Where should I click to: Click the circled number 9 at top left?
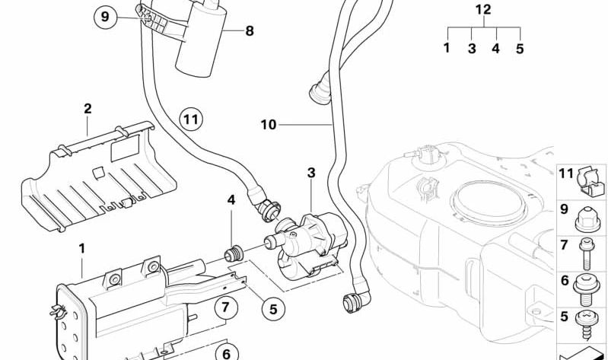click(x=106, y=16)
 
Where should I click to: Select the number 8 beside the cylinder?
click(x=250, y=31)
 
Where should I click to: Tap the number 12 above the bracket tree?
click(x=483, y=10)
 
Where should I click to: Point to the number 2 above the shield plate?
click(x=88, y=109)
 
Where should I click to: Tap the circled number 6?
click(x=224, y=352)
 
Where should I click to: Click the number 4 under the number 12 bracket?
click(x=495, y=48)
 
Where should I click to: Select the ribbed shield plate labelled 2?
click(x=99, y=179)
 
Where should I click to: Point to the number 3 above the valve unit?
click(x=310, y=174)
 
